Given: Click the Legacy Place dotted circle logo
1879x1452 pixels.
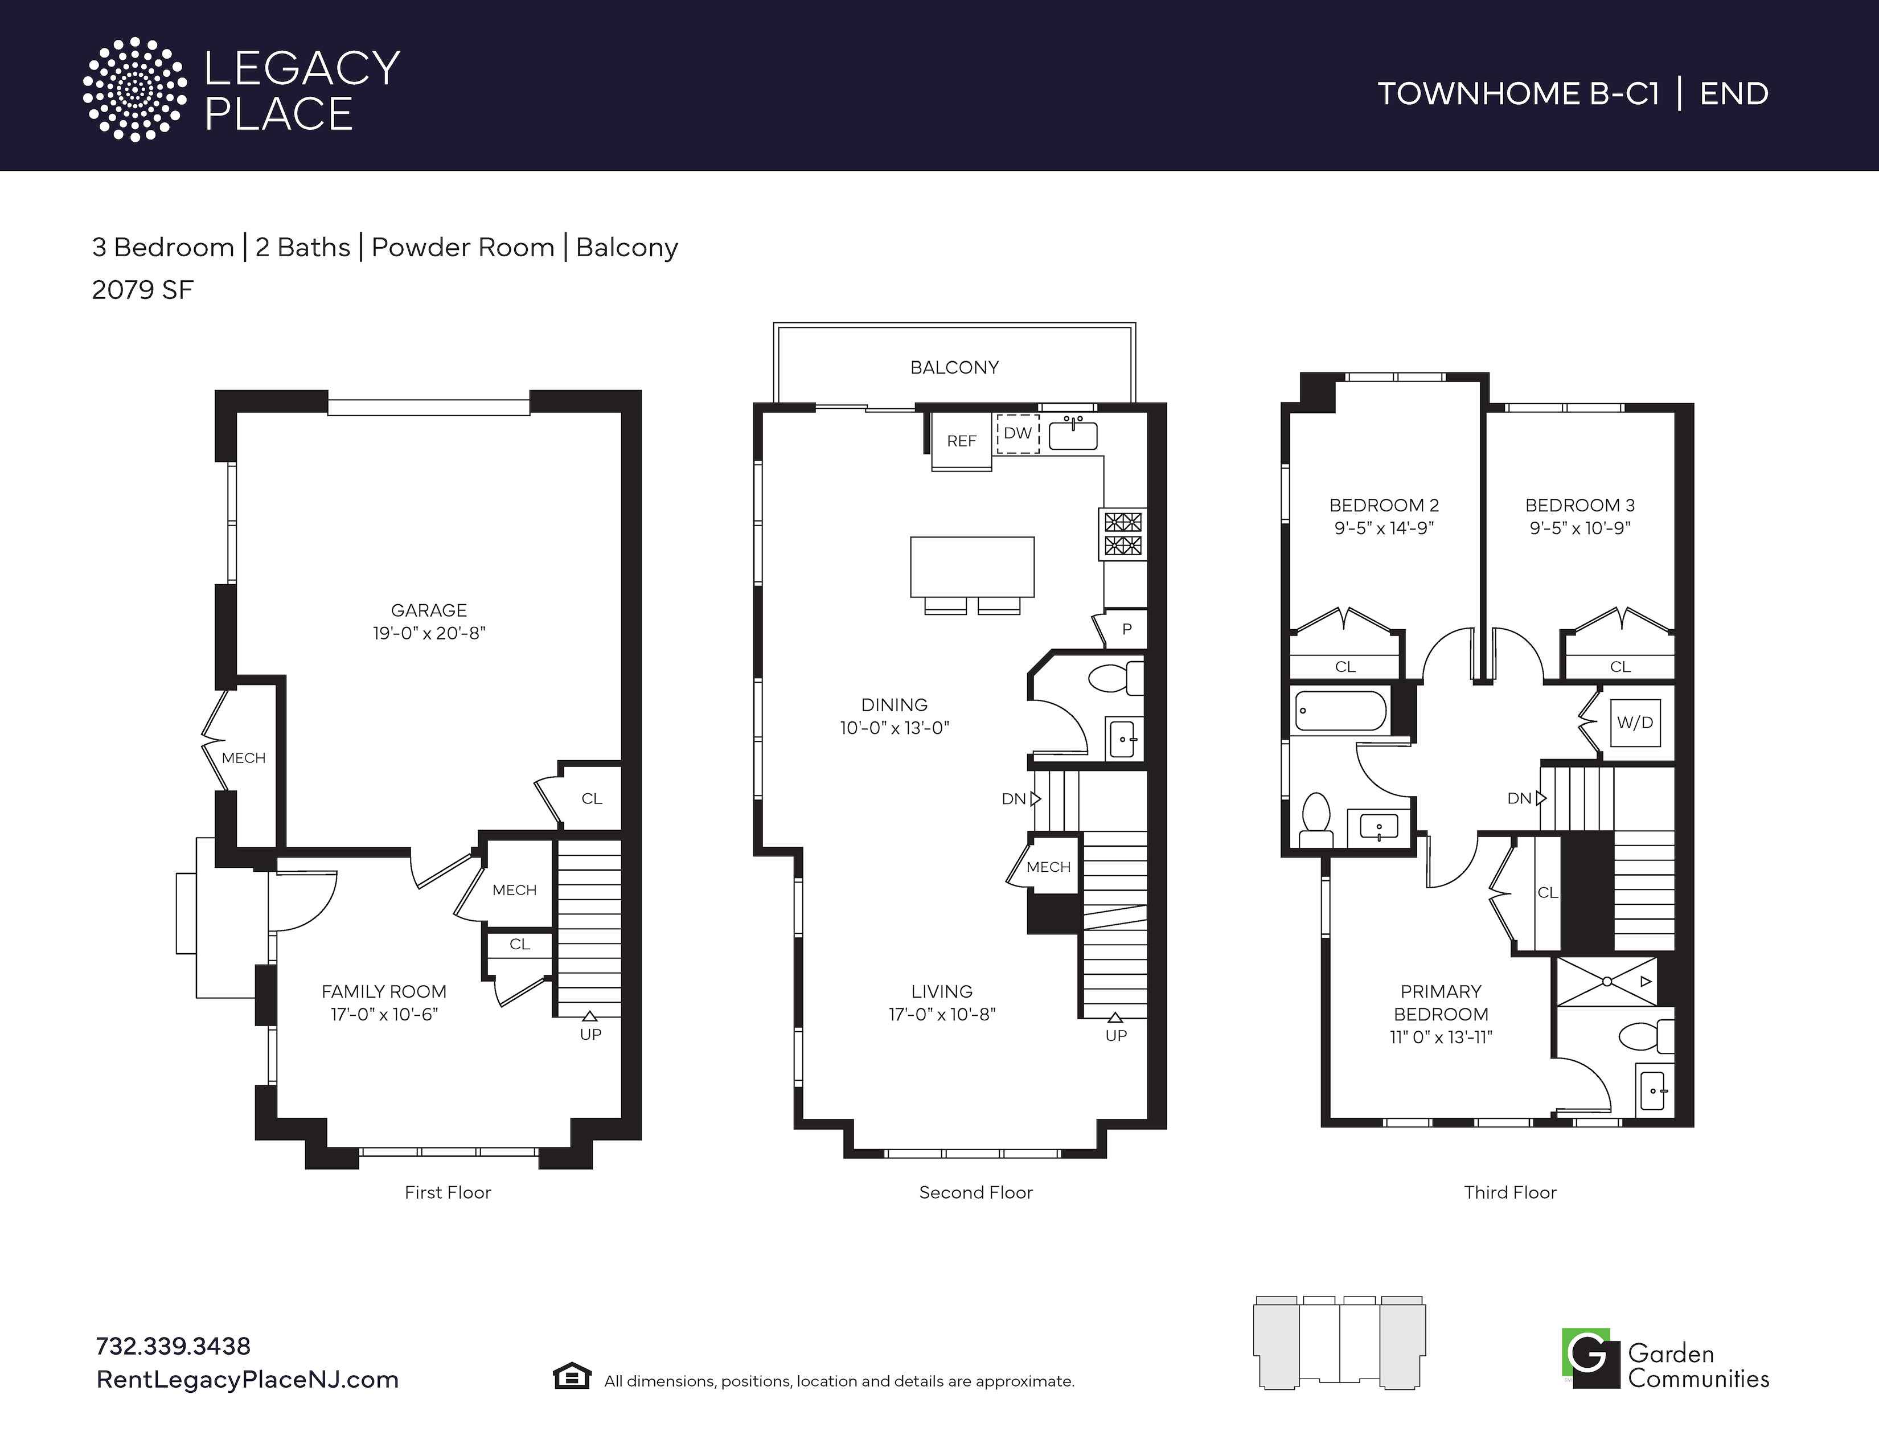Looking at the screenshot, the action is pos(134,89).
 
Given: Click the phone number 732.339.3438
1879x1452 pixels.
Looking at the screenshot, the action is pos(173,1346).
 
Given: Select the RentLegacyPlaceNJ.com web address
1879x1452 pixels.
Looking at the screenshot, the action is pos(247,1380).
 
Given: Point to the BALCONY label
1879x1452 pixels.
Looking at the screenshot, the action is pos(954,367).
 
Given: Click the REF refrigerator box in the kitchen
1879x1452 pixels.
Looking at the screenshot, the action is pos(962,440).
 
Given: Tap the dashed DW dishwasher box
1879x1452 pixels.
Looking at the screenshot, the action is pos(1018,433).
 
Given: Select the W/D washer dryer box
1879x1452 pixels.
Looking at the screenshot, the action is pos(1635,723).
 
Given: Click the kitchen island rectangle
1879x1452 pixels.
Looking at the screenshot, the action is pos(972,567).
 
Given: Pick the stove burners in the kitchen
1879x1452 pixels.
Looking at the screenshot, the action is pos(1123,534).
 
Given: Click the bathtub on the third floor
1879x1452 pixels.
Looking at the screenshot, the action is pos(1340,711).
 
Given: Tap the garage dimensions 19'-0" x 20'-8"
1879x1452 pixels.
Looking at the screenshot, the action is pos(428,633).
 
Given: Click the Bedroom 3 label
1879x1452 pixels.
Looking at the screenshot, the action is pos(1579,505).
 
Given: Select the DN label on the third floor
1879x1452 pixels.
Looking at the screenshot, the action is pos(1519,798).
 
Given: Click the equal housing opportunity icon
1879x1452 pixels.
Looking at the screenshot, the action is pos(571,1376).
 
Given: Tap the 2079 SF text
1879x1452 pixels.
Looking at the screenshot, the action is pos(143,290).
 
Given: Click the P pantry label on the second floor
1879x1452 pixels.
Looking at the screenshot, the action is pos(1127,629).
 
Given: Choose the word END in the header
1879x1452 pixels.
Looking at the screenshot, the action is pos(1734,93).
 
